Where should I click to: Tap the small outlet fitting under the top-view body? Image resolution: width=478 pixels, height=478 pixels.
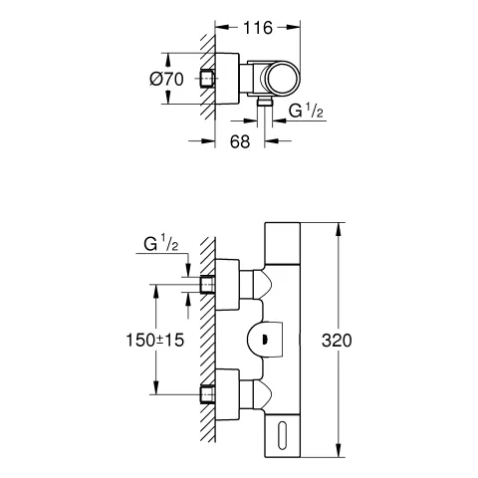263,103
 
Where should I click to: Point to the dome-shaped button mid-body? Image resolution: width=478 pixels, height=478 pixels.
266,339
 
